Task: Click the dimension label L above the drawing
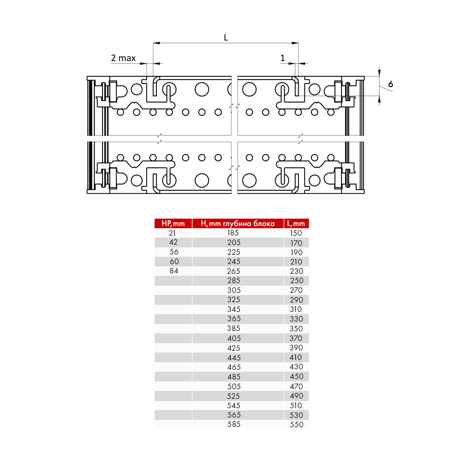(226, 38)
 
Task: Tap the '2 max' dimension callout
(123, 58)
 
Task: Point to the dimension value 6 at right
(390, 84)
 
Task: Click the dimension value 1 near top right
(283, 58)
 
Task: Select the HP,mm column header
(173, 223)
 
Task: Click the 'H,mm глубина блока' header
(238, 223)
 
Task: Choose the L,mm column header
(296, 223)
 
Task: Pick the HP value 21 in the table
(172, 233)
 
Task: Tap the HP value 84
(174, 271)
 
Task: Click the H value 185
(233, 233)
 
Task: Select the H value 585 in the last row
(234, 424)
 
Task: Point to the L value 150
(296, 233)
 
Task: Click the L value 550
(296, 424)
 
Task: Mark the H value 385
(234, 329)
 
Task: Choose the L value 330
(296, 319)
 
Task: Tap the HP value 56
(174, 252)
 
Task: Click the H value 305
(234, 290)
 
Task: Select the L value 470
(296, 386)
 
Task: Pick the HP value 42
(173, 242)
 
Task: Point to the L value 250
(296, 280)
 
